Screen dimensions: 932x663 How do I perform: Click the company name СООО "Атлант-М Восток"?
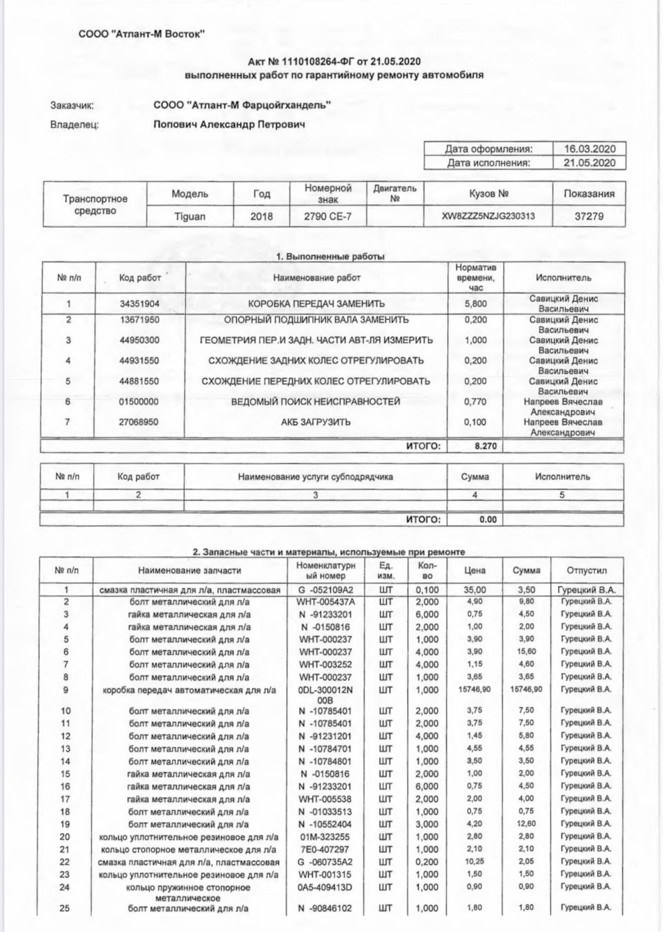[x=141, y=34]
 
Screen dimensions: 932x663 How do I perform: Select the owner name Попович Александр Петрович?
[x=229, y=125]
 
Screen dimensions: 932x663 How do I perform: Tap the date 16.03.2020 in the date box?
[x=589, y=149]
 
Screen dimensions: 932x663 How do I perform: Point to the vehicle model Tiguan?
[x=189, y=216]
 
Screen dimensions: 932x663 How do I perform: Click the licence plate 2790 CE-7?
[x=327, y=216]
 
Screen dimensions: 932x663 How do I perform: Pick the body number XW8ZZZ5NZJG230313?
[x=488, y=216]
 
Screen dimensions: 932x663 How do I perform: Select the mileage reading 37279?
[x=589, y=216]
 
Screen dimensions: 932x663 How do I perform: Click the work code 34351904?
[x=140, y=304]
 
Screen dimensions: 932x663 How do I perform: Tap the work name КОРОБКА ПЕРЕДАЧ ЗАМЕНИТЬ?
[x=316, y=304]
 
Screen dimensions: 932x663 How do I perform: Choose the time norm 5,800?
[x=475, y=304]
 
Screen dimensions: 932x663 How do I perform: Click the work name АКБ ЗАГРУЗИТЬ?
[x=316, y=422]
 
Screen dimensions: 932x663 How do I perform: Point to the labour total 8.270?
[x=486, y=447]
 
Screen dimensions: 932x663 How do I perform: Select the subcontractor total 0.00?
[x=488, y=519]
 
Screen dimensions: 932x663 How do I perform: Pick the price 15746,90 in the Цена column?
[x=474, y=690]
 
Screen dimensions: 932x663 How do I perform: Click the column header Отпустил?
[x=586, y=571]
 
